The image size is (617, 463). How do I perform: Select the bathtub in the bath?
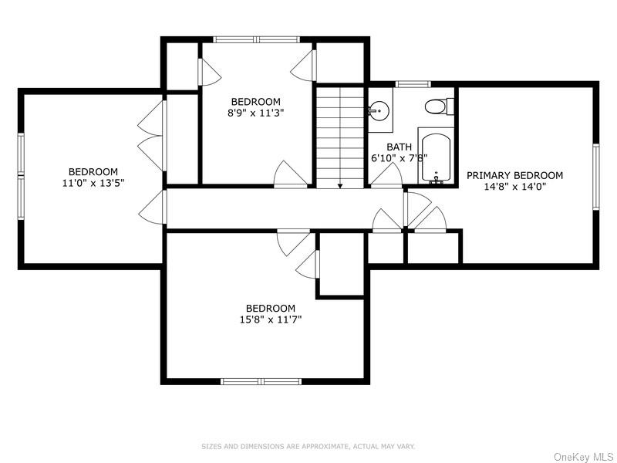pos(436,157)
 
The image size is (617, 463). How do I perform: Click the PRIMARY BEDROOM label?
pos(514,175)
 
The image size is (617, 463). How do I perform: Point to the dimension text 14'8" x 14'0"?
pos(514,187)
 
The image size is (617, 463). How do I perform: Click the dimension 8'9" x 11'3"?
pos(255,113)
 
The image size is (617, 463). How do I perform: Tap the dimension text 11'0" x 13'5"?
pos(93,183)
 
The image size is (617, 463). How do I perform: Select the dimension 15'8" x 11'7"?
pos(270,319)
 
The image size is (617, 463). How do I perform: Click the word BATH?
pos(399,147)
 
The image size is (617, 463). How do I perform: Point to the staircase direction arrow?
pos(340,185)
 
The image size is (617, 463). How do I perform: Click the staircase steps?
pos(340,135)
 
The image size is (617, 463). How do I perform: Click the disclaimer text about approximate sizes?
pos(308,446)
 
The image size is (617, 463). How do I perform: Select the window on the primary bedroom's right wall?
pos(595,177)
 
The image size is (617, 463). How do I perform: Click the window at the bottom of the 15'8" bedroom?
pos(260,380)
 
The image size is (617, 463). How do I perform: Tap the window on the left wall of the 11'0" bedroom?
pos(22,177)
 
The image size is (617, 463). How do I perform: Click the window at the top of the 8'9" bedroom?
pos(257,39)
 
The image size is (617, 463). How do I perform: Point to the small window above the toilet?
pos(412,83)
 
